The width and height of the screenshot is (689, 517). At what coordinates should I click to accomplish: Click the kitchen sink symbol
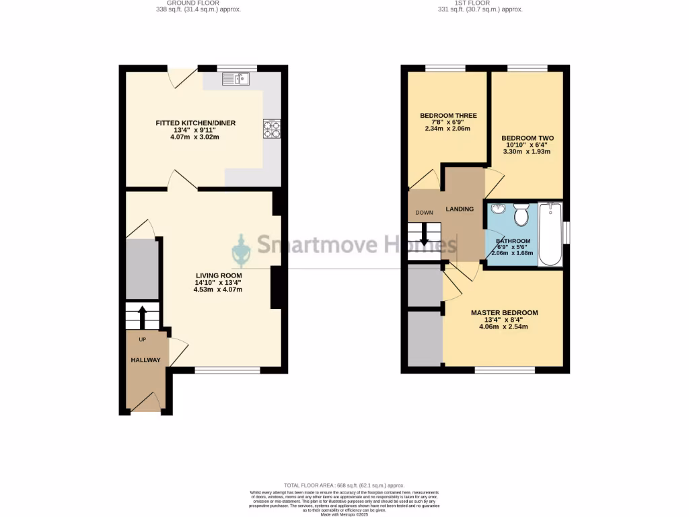point(235,79)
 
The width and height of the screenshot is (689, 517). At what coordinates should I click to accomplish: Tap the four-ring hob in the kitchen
point(271,128)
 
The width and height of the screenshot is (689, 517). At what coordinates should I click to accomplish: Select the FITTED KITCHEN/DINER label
point(195,123)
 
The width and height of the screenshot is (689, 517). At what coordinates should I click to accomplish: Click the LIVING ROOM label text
point(219,275)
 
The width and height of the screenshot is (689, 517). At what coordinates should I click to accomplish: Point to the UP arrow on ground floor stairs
point(142,316)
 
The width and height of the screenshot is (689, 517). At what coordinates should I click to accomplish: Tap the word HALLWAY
point(145,360)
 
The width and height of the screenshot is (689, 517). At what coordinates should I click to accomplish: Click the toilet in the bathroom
point(521,215)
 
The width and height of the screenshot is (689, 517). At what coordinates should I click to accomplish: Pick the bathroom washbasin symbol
point(498,209)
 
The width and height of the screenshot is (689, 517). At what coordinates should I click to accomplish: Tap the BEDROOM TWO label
point(528,137)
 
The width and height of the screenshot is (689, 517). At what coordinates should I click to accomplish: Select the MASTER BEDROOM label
point(504,313)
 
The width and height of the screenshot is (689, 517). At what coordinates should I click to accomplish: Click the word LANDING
point(460,209)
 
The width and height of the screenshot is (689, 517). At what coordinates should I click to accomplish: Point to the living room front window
point(227,370)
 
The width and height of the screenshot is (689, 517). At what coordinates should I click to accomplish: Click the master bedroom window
point(505,370)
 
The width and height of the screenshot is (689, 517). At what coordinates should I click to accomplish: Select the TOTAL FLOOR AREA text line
point(344,485)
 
